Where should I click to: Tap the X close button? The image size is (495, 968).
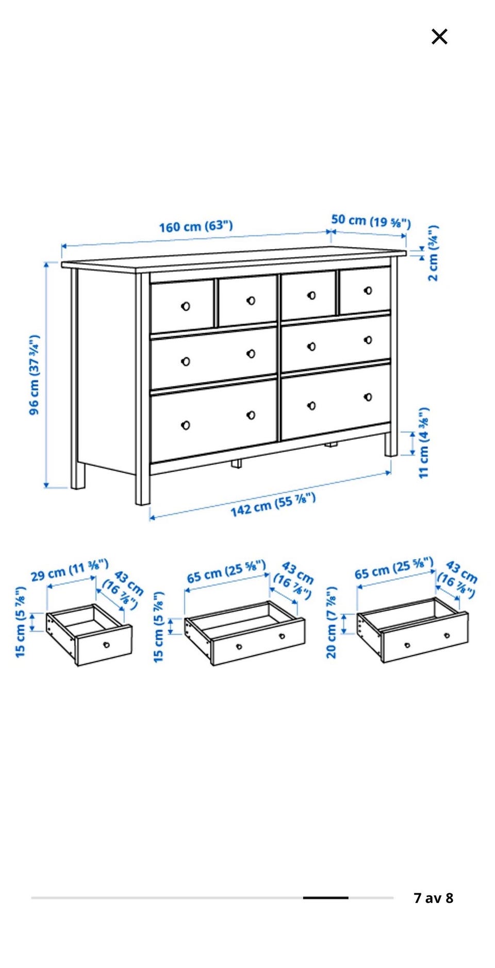[x=439, y=37]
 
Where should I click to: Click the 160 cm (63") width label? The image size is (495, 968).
[x=196, y=226]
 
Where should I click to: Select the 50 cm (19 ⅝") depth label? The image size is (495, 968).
[x=371, y=221]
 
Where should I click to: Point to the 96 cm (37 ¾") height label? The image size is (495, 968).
[x=34, y=375]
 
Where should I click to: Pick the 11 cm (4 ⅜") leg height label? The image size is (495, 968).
[x=423, y=443]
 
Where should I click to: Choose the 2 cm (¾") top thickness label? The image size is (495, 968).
[x=433, y=253]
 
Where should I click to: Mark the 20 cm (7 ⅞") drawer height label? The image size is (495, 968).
[x=332, y=622]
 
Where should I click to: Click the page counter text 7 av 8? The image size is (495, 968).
[x=434, y=898]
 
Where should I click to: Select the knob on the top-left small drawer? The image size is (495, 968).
[x=186, y=306]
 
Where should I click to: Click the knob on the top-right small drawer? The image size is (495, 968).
[x=368, y=290]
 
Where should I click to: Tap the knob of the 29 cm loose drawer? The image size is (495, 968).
[x=106, y=644]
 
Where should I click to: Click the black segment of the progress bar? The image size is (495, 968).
[x=325, y=898]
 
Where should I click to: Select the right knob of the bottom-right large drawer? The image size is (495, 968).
[x=368, y=397]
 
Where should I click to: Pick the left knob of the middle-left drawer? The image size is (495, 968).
[x=186, y=361]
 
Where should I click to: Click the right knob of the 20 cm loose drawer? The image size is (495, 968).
[x=447, y=636]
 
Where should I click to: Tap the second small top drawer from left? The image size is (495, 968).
[x=247, y=301]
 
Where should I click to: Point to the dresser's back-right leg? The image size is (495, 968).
[x=391, y=444]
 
